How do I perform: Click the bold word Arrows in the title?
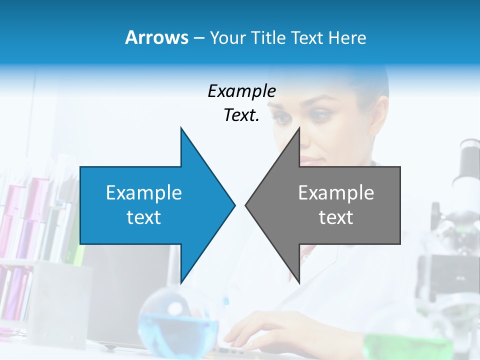(x=157, y=37)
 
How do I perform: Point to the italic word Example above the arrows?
(x=241, y=91)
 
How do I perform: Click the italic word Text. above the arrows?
(x=241, y=115)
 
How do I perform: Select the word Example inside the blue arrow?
(x=144, y=192)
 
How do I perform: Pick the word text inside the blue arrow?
(x=144, y=217)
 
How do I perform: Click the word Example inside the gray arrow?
(x=336, y=192)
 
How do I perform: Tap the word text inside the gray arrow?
(x=336, y=217)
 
